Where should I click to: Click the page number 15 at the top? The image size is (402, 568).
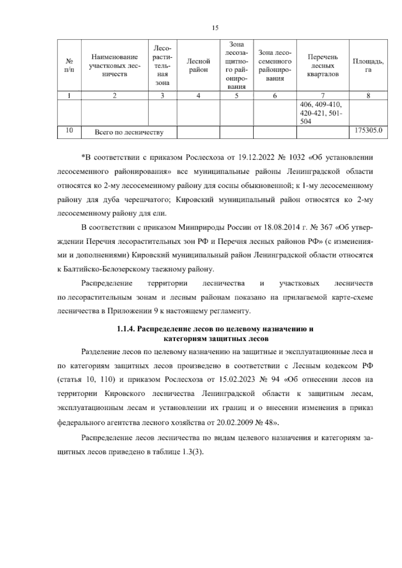(x=215, y=28)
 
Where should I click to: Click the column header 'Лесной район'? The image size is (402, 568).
(x=198, y=66)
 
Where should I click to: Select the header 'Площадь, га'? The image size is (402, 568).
(x=368, y=66)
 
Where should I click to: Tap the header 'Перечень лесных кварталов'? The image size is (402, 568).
(x=323, y=66)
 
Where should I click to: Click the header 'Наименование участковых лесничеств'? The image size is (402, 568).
(x=115, y=66)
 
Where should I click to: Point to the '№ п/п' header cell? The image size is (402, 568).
(x=69, y=66)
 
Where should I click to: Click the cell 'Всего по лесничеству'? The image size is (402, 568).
(x=129, y=132)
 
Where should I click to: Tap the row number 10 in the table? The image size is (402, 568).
(x=69, y=130)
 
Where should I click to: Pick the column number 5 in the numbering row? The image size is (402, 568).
(x=237, y=95)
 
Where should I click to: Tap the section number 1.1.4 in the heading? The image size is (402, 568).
(x=126, y=329)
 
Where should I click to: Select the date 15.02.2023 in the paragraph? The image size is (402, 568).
(x=236, y=380)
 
